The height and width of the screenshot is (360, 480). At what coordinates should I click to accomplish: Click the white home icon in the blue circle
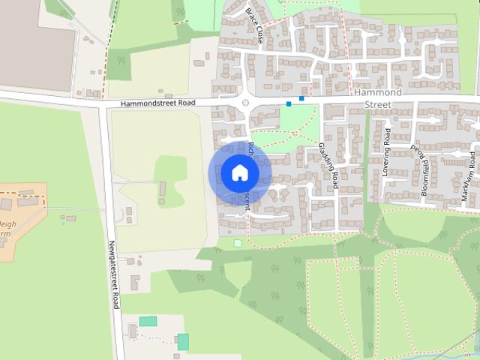[x=239, y=173]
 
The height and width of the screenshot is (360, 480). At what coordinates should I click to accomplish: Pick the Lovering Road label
[x=386, y=153]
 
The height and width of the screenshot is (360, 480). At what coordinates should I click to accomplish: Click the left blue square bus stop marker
[x=289, y=103]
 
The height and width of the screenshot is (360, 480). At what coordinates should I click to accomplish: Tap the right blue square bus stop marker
[x=301, y=97]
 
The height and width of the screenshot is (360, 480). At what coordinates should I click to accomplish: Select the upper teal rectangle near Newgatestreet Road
[x=148, y=321]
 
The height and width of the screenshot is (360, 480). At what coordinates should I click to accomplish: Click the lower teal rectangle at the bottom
[x=183, y=341]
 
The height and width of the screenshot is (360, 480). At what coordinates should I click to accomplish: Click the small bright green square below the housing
[x=238, y=243]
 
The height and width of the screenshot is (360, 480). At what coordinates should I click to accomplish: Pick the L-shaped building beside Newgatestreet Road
[x=136, y=283]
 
